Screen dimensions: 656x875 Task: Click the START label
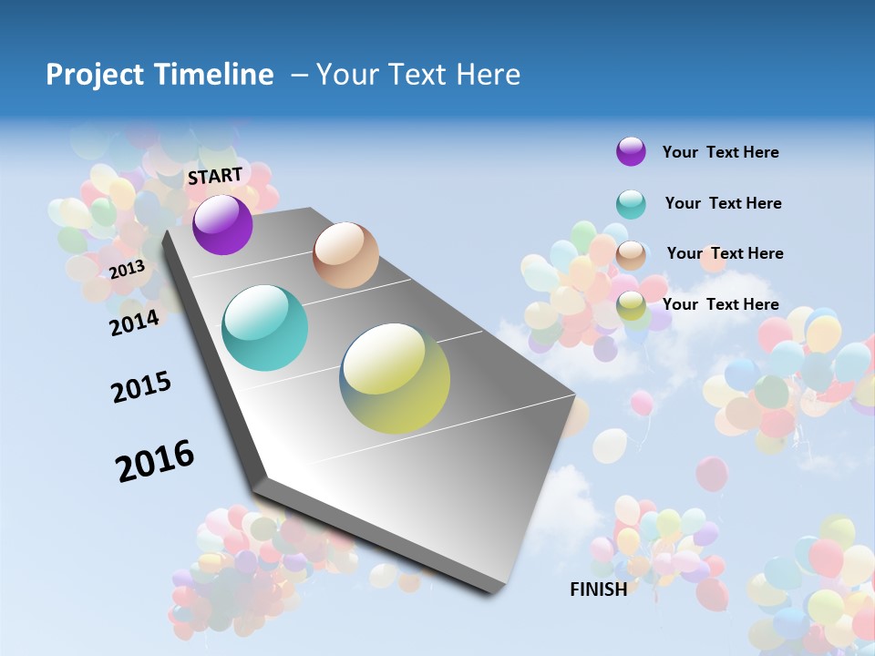click(x=215, y=175)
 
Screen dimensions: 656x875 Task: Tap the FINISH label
click(x=598, y=589)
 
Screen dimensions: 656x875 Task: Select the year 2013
click(x=127, y=270)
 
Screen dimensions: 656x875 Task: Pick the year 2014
click(x=134, y=323)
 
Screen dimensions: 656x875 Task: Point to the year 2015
click(x=141, y=387)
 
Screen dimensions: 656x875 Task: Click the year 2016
click(x=155, y=461)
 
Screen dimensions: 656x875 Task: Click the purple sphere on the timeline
click(x=222, y=224)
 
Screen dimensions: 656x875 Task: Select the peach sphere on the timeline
click(x=345, y=255)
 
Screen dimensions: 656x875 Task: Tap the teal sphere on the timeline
click(x=265, y=328)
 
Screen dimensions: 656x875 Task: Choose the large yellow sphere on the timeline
click(x=395, y=378)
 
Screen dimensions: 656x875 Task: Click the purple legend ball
click(x=631, y=151)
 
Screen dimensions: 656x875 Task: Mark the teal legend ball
click(x=631, y=204)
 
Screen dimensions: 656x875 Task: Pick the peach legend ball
click(x=631, y=255)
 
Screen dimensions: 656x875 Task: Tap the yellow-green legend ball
click(x=631, y=306)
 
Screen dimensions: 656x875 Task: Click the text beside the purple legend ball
click(x=720, y=153)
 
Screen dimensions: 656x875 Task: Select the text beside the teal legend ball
click(x=723, y=203)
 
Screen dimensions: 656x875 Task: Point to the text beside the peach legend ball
click(x=725, y=253)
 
